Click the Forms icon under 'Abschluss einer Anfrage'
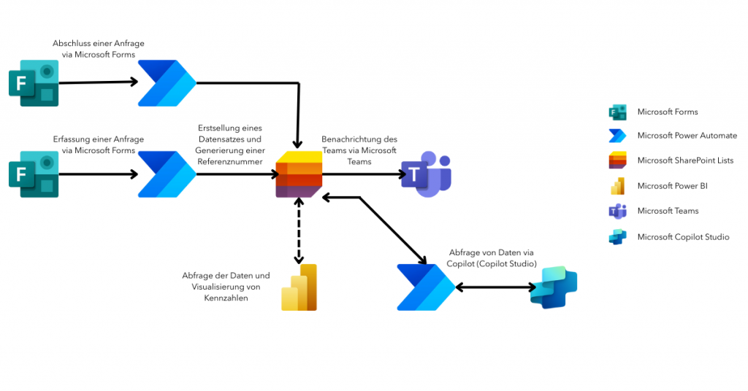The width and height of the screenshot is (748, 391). [34, 82]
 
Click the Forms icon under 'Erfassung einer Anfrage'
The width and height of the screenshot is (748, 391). [34, 174]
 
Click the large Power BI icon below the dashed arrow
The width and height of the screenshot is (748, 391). [299, 287]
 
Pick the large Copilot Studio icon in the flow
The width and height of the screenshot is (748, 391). [553, 287]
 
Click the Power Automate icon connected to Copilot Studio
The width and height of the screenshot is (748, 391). [425, 287]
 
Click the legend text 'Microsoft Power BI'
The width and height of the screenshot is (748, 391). [672, 186]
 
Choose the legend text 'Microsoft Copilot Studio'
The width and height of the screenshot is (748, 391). [683, 236]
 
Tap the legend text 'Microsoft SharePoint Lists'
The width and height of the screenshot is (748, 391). [685, 160]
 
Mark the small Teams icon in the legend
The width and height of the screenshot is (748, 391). [618, 212]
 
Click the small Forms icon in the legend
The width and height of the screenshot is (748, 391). [618, 112]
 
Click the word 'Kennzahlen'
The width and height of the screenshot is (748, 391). [226, 298]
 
